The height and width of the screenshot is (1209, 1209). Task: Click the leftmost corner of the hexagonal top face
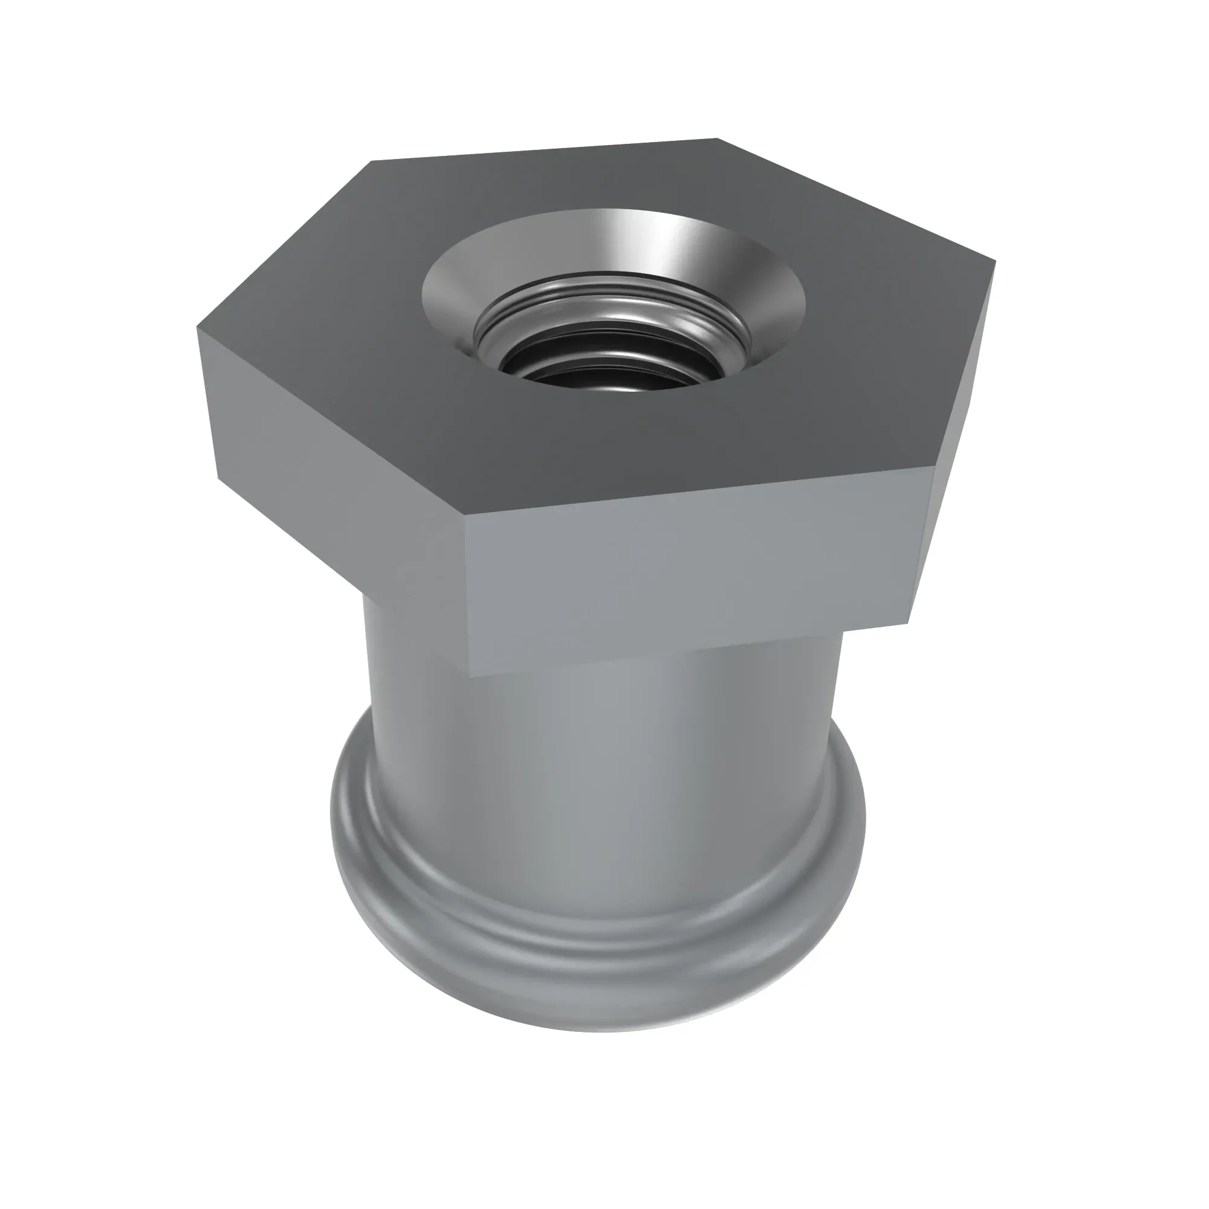coord(197,326)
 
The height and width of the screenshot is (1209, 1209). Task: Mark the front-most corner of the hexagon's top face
coord(464,517)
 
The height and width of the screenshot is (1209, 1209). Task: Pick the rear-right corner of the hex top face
coord(716,139)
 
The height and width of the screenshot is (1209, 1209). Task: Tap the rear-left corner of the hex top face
coord(372,161)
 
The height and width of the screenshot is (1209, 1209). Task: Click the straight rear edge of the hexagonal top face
coord(545,150)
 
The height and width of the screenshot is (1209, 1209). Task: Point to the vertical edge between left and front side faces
coord(466,594)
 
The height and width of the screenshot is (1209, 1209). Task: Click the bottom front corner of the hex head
coord(469,676)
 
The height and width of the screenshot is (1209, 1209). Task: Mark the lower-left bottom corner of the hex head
coord(219,479)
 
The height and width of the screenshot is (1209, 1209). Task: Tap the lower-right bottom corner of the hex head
coord(909,623)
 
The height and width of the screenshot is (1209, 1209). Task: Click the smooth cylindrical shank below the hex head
coord(601,782)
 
